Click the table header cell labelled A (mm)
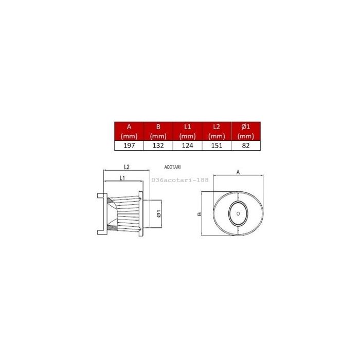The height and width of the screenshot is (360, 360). [129, 131]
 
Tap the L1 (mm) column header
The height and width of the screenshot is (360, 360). [188, 131]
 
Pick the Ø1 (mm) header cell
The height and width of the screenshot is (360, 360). [246, 131]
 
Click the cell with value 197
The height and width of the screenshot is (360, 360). [129, 146]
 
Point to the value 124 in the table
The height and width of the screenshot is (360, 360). [188, 146]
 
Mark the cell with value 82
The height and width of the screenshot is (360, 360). [246, 146]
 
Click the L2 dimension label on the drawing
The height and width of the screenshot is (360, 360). [127, 167]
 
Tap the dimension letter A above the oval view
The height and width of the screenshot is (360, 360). [238, 173]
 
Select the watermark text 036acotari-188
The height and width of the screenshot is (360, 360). [180, 181]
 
